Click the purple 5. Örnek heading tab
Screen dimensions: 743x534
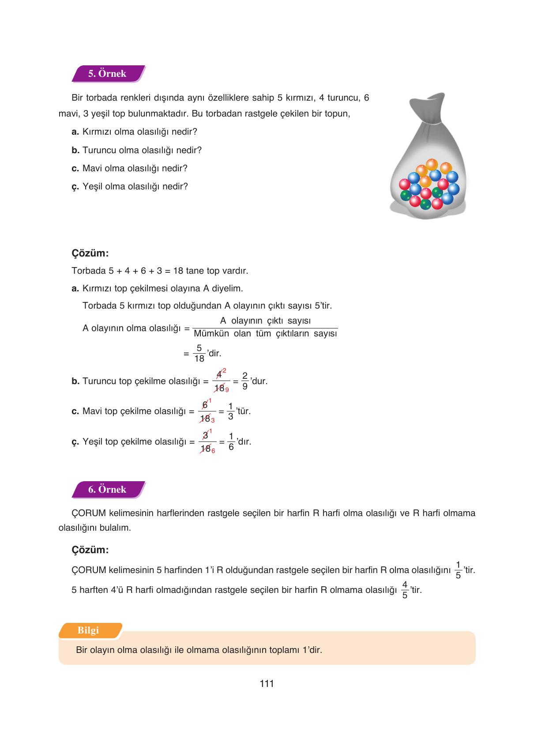point(107,74)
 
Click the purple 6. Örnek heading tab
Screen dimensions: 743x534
point(107,490)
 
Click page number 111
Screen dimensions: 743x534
point(267,684)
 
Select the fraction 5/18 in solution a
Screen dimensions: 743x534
point(199,353)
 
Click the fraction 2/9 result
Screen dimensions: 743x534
point(245,381)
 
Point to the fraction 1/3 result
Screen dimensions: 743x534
point(230,411)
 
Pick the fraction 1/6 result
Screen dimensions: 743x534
point(231,441)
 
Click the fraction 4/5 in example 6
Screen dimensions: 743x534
point(404,590)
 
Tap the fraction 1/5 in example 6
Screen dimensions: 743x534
point(458,570)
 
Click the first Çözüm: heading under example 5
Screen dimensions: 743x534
point(90,253)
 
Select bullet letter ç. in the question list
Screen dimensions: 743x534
point(75,187)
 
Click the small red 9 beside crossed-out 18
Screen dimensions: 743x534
point(227,390)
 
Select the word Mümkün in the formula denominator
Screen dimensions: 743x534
point(211,334)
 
